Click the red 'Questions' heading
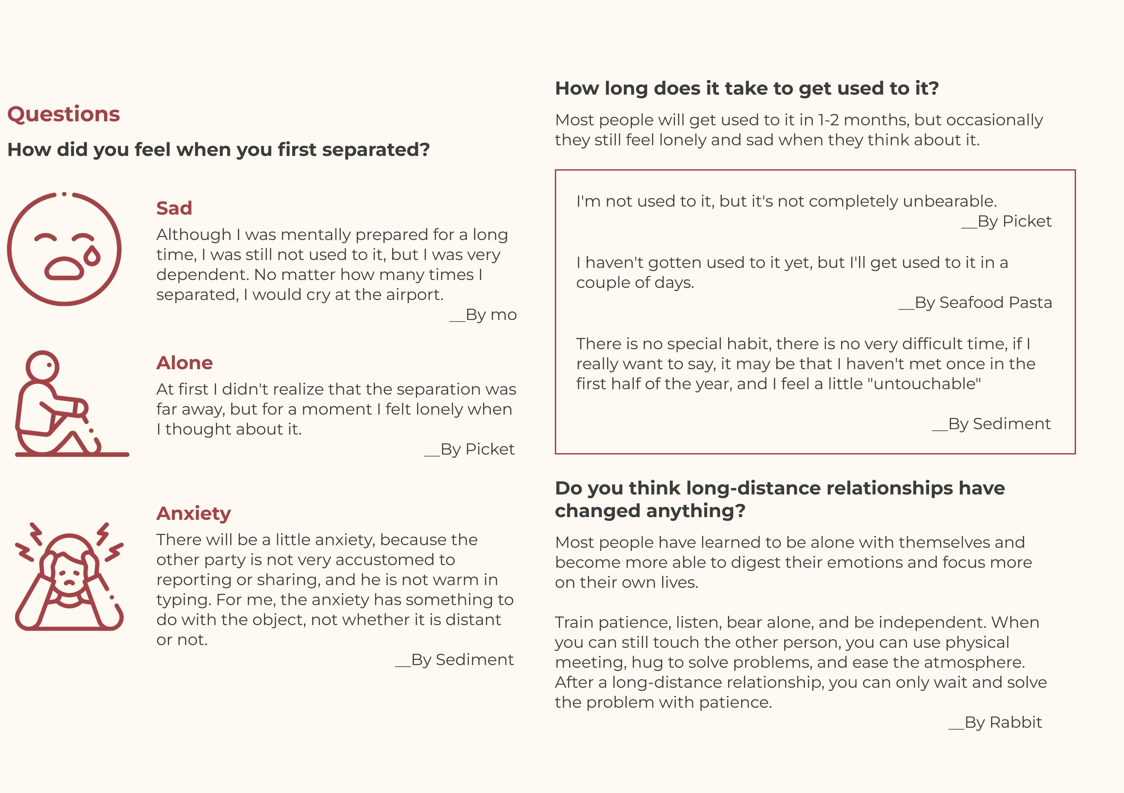pos(64,114)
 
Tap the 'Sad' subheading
pos(174,208)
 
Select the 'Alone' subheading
pos(185,363)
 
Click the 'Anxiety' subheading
pos(193,513)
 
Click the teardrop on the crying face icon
pos(92,256)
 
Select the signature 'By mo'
pos(484,315)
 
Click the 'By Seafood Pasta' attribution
pos(976,303)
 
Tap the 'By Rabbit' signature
pos(996,722)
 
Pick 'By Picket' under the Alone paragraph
pos(470,449)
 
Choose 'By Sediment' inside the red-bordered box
pos(992,424)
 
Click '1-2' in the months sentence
pos(828,120)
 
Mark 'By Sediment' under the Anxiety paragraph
pos(455,660)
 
